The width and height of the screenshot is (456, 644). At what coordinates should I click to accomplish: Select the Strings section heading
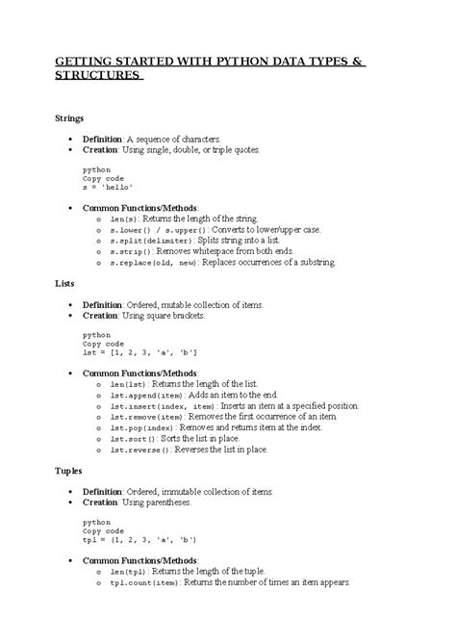point(67,117)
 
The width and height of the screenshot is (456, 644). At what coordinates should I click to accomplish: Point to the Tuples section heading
point(65,472)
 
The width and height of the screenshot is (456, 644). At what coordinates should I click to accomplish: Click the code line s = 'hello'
point(107,188)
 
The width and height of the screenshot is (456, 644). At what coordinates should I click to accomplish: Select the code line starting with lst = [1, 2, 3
point(141,353)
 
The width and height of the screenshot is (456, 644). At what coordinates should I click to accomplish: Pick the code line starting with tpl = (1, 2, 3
point(140,540)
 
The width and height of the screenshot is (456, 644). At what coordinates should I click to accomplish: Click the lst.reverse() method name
point(139,449)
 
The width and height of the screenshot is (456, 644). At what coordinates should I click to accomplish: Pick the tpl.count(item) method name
point(143,582)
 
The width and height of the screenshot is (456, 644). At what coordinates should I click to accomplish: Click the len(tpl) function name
point(127,572)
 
